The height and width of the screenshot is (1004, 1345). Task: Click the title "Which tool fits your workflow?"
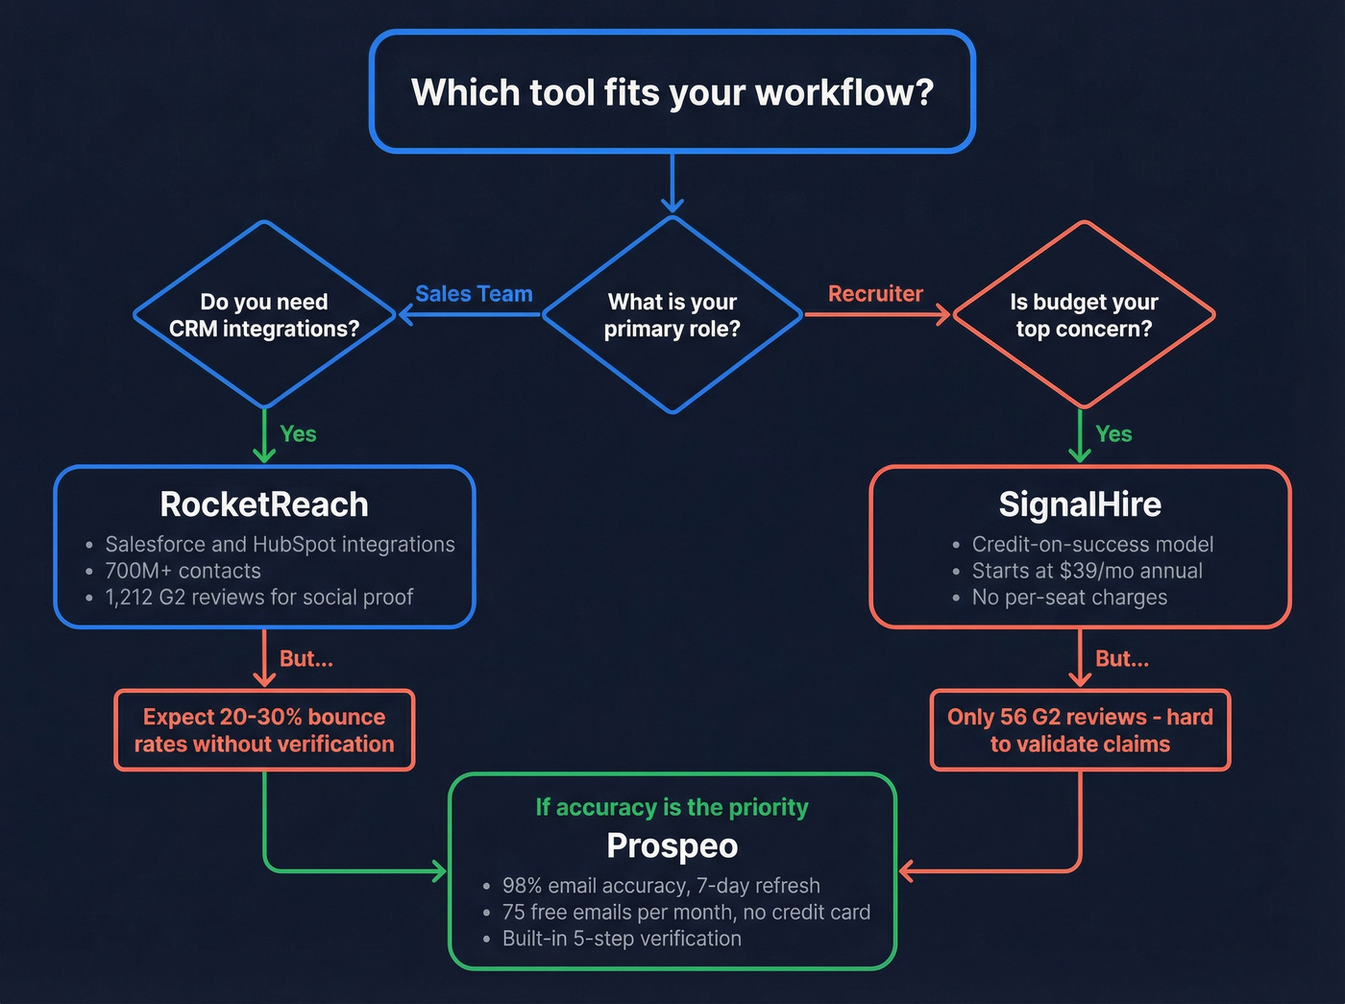tap(672, 92)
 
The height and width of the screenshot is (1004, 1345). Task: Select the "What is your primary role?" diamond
tap(672, 315)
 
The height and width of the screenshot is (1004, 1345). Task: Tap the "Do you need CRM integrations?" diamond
tap(264, 315)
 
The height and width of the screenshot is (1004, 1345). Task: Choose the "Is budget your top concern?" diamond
tap(1084, 315)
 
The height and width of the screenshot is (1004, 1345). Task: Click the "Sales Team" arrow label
tap(474, 294)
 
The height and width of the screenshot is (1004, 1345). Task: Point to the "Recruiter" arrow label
tap(875, 294)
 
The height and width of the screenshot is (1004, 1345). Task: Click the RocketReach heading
tap(264, 504)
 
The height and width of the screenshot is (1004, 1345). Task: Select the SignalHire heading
tap(1080, 504)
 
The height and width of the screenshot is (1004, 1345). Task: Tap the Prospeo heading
tap(672, 846)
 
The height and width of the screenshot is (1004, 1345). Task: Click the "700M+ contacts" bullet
tap(183, 571)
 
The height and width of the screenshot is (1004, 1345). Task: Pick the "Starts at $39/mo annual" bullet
tap(1087, 571)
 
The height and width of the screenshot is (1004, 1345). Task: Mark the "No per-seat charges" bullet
tap(1069, 598)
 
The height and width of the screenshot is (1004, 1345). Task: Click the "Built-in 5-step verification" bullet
tap(622, 939)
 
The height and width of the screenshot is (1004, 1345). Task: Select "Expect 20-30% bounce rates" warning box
tap(264, 730)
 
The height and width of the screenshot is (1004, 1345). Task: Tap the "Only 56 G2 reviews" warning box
tap(1080, 730)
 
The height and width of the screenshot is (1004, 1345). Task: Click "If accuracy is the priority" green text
tap(672, 807)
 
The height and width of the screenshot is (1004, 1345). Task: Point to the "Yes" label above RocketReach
tap(298, 434)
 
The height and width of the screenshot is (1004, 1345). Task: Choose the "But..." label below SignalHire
tap(1122, 659)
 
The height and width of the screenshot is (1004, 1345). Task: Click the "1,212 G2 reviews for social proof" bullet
tap(258, 598)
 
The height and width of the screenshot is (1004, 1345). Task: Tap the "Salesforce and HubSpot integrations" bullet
tap(280, 545)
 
